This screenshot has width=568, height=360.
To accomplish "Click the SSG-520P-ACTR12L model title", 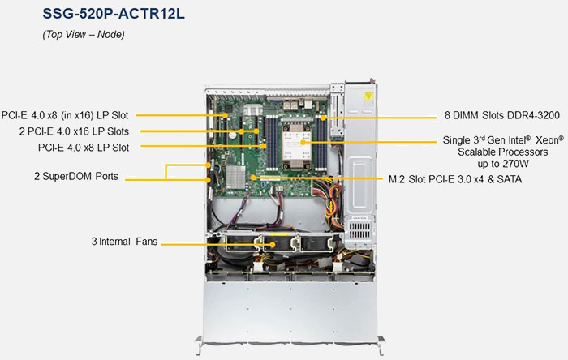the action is pyautogui.click(x=114, y=14).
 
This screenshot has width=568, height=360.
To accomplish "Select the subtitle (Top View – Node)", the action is pyautogui.click(x=84, y=34).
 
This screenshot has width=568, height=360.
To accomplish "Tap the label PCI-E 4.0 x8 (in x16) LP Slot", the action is pyautogui.click(x=65, y=115).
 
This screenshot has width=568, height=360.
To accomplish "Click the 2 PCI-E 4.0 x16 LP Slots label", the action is pyautogui.click(x=74, y=131).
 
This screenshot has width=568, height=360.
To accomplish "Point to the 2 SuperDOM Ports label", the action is pyautogui.click(x=76, y=176).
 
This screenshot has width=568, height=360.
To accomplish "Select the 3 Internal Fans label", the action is pyautogui.click(x=125, y=242).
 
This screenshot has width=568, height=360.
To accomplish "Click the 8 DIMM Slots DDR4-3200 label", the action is pyautogui.click(x=502, y=115).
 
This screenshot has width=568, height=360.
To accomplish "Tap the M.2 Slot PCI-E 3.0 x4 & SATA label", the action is pyautogui.click(x=455, y=179).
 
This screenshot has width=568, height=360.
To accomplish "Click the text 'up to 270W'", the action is pyautogui.click(x=503, y=164).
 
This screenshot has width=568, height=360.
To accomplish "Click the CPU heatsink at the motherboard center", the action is pyautogui.click(x=296, y=145).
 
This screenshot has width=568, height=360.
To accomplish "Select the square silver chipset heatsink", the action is pyautogui.click(x=236, y=178).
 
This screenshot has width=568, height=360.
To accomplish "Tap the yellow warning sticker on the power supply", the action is pyautogui.click(x=368, y=96).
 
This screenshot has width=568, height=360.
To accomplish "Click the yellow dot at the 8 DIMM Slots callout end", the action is pyautogui.click(x=322, y=118).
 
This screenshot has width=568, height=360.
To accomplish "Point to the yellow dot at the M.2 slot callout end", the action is pyautogui.click(x=253, y=178).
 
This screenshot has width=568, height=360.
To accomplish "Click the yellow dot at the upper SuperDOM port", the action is pyautogui.click(x=209, y=165).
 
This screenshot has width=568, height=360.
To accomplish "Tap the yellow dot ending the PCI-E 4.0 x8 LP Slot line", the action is pyautogui.click(x=265, y=146).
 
